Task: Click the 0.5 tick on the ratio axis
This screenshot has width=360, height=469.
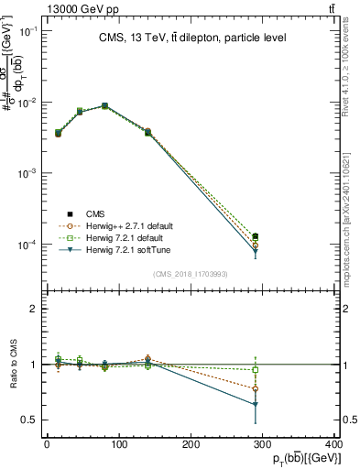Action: [x=32, y=420]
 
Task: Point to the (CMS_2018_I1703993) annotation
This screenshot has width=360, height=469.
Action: [x=191, y=273]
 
